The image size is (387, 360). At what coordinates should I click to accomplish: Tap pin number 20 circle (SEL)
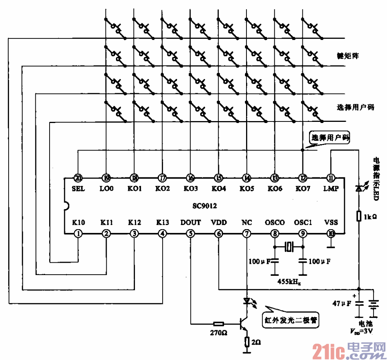[x=78, y=178]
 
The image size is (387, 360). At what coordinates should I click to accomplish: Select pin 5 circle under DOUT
[x=191, y=234]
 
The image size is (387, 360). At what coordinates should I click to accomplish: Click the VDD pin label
[x=218, y=223]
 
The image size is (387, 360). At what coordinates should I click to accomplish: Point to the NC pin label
[x=247, y=223]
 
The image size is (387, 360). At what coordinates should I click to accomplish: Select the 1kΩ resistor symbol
[x=359, y=216]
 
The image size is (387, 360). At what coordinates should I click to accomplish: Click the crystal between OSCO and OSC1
[x=289, y=246]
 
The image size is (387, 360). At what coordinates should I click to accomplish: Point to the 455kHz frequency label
[x=289, y=280]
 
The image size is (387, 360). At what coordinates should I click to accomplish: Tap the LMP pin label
[x=330, y=189]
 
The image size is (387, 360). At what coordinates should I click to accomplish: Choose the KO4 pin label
[x=218, y=189]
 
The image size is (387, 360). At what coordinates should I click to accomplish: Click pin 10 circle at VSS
[x=330, y=234]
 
